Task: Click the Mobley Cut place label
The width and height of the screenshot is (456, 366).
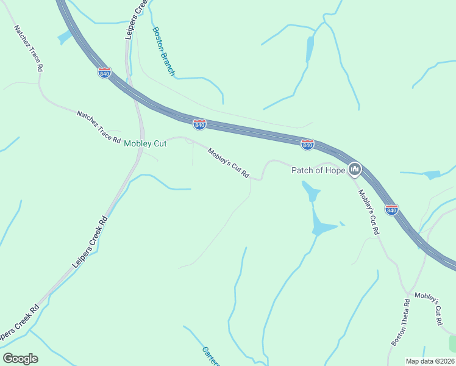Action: coord(145,144)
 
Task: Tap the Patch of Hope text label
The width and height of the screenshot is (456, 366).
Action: coord(318,170)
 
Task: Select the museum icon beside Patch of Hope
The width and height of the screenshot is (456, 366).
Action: coord(355,169)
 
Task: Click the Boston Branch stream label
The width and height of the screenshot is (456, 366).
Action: coord(163,51)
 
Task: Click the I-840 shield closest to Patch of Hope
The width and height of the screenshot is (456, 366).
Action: coord(308,145)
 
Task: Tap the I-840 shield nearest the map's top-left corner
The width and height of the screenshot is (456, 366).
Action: coord(105,73)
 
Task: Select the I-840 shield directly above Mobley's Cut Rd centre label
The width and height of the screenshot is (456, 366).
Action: coord(199,124)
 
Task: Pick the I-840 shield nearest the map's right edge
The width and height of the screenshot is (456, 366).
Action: coord(391,210)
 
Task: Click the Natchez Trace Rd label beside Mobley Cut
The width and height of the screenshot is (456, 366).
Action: coord(99,126)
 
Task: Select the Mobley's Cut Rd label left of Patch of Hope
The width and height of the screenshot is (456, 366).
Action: coord(229,163)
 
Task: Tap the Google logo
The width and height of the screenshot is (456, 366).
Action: coord(20,359)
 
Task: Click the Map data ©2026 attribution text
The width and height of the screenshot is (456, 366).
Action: coord(430,361)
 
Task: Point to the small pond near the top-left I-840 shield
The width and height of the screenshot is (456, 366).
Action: coord(64,37)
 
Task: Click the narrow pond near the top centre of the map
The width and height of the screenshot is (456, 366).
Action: coord(310,48)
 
